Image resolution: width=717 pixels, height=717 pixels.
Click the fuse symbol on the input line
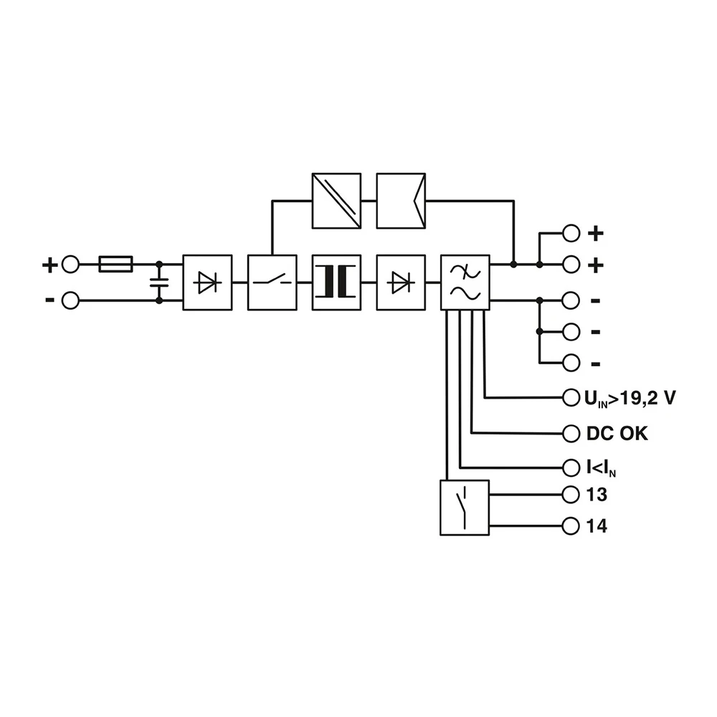(x=115, y=265)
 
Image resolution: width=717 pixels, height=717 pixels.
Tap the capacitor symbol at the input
(x=159, y=282)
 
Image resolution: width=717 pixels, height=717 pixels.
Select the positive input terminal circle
(x=70, y=265)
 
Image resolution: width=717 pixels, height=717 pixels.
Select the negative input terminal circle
(x=70, y=300)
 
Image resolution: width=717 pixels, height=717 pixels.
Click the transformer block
(x=336, y=282)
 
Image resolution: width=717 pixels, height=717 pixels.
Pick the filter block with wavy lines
(x=465, y=282)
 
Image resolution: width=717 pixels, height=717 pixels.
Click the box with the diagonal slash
(x=336, y=201)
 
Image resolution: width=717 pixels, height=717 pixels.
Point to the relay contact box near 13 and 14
(x=465, y=508)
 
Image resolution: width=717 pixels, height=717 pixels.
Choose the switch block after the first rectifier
(x=272, y=282)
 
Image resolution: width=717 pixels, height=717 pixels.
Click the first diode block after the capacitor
(x=208, y=282)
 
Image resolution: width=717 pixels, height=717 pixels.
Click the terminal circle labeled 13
(x=571, y=495)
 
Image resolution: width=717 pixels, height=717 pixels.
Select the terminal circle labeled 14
(x=571, y=526)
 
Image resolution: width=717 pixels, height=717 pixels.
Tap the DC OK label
(x=617, y=434)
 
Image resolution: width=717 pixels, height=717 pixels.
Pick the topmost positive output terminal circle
(x=571, y=233)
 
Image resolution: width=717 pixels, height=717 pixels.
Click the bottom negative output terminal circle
(x=571, y=364)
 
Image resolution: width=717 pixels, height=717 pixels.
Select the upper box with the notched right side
(x=401, y=201)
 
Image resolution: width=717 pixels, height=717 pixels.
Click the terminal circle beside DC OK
(x=571, y=433)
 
